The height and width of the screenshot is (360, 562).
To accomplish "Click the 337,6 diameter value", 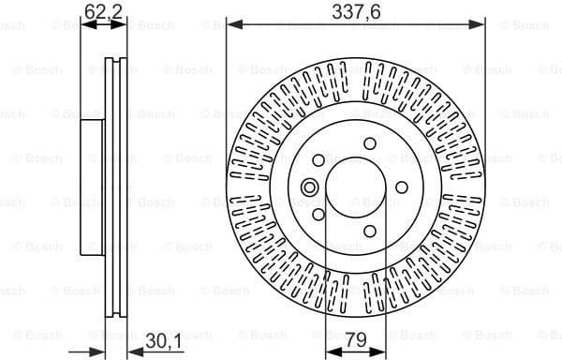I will pyautogui.click(x=356, y=11).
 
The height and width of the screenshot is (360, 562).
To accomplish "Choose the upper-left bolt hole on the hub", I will pyautogui.click(x=321, y=159).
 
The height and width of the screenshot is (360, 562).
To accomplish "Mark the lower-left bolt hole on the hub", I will pyautogui.click(x=318, y=216).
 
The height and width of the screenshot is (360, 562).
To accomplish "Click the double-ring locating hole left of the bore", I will pyautogui.click(x=307, y=188).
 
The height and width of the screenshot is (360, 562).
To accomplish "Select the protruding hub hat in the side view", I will pyautogui.click(x=91, y=187).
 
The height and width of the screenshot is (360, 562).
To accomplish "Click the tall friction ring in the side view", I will pyautogui.click(x=115, y=187).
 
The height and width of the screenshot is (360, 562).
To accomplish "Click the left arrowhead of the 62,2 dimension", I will pyautogui.click(x=84, y=24).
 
